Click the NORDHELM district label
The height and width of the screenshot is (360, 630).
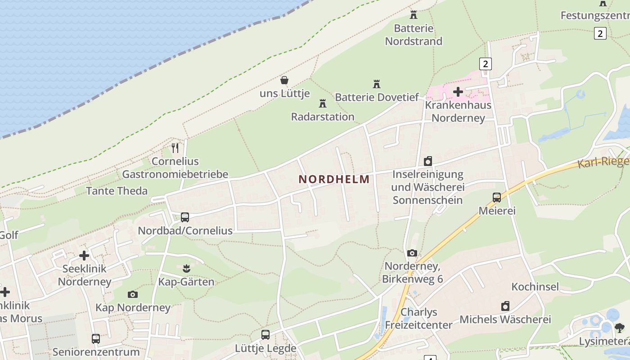(x=334, y=179)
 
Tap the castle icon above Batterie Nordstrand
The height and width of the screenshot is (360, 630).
(x=414, y=14)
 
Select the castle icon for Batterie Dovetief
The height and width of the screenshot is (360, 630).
(x=377, y=84)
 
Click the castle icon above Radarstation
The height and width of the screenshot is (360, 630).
(x=323, y=103)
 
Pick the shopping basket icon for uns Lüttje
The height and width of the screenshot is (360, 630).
(x=284, y=81)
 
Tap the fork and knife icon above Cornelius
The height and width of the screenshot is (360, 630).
(x=175, y=148)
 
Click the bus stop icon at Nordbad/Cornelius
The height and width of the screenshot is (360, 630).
(x=185, y=217)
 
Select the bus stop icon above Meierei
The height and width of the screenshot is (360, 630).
(x=497, y=197)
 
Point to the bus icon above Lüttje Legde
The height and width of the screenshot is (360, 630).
(x=265, y=335)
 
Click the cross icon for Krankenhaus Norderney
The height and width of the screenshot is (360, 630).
(x=458, y=92)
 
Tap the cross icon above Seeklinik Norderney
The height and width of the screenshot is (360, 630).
(x=84, y=256)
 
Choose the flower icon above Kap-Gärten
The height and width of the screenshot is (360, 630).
(x=186, y=269)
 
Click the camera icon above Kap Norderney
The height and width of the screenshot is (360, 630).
(x=133, y=294)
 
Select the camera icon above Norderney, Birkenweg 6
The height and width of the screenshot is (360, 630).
(x=412, y=253)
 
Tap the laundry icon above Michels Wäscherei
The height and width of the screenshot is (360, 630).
(x=505, y=306)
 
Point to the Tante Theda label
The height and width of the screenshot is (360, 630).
(x=117, y=191)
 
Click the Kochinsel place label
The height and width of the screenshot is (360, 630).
(x=535, y=287)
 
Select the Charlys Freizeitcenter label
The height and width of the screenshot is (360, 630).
(x=419, y=318)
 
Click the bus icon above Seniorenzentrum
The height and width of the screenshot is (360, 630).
(x=96, y=338)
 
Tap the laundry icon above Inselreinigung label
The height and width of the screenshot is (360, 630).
(x=428, y=161)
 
